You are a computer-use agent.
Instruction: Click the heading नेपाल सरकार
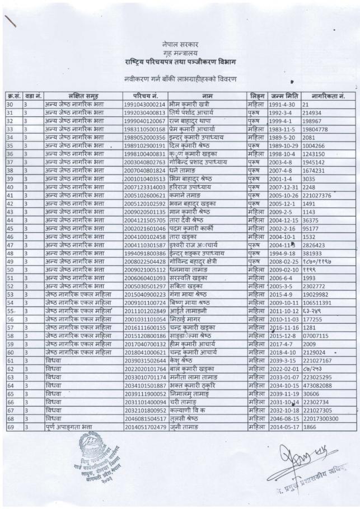[x=180, y=43]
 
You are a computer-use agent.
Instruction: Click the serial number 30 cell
[x=10, y=104]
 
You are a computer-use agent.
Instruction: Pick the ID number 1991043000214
[x=144, y=104]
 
